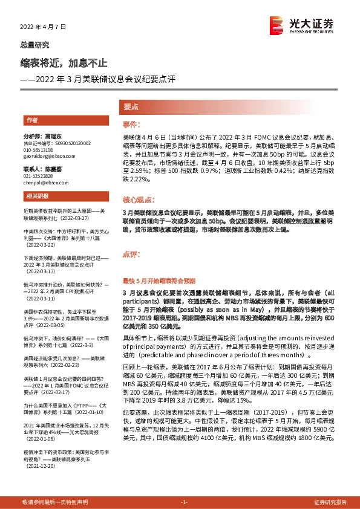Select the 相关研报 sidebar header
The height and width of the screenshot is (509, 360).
pyautogui.click(x=36, y=197)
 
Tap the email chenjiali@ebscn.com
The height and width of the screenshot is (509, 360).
pyautogui.click(x=48, y=181)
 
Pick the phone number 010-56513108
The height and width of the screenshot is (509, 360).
pyautogui.click(x=39, y=149)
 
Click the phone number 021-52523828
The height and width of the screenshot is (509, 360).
pyautogui.click(x=39, y=175)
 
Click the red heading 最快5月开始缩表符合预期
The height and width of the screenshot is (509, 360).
pyautogui.click(x=159, y=280)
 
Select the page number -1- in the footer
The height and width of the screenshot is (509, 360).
pyautogui.click(x=185, y=502)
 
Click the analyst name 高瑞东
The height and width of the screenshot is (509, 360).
pyautogui.click(x=53, y=137)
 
